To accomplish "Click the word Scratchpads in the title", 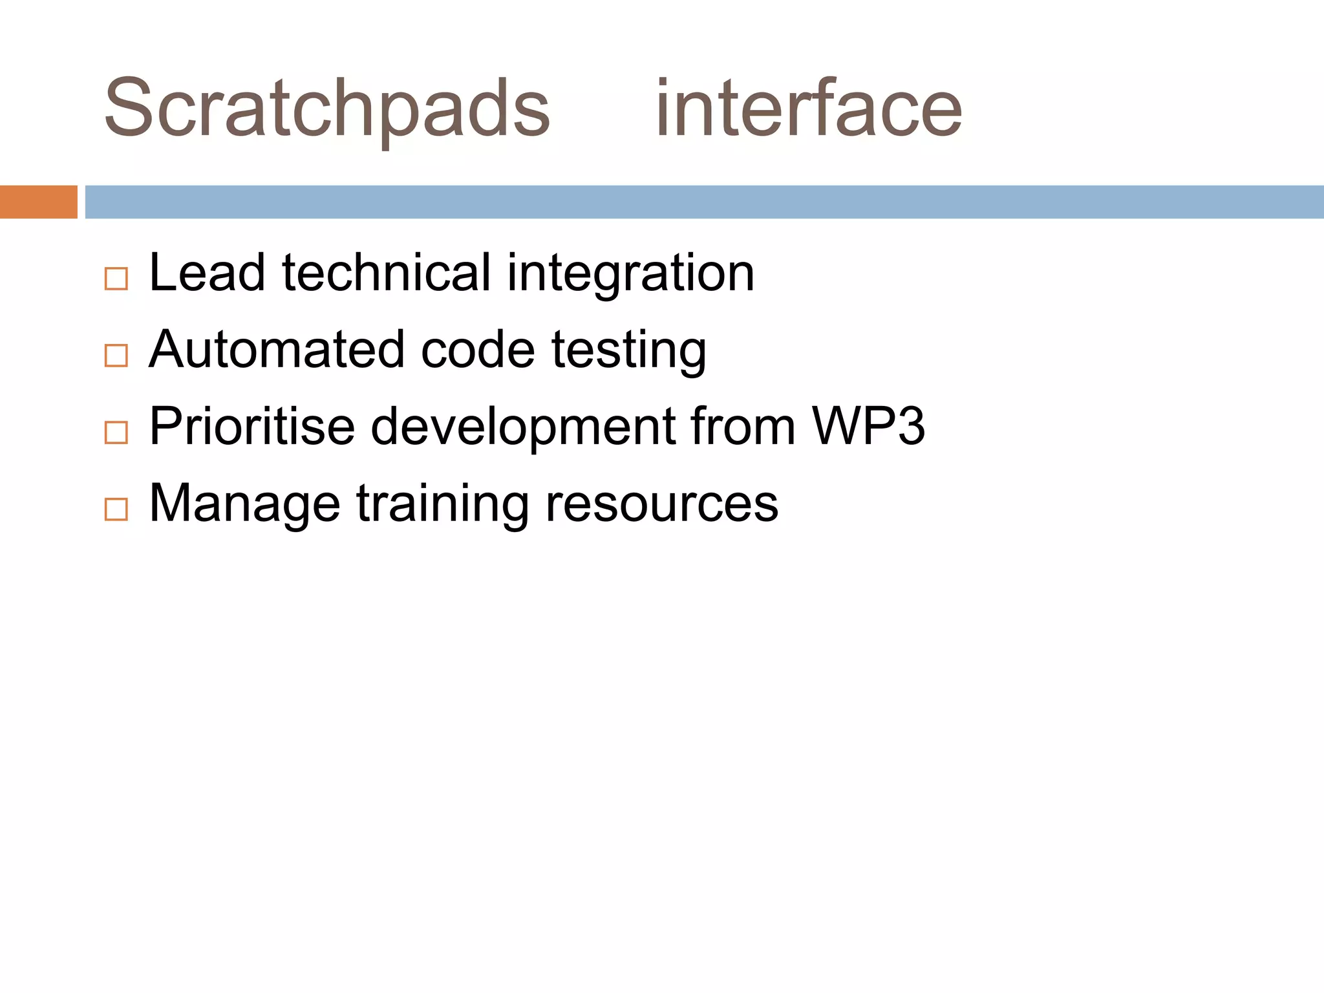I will point(326,109).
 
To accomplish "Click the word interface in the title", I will point(808,109).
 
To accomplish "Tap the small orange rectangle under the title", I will point(38,202).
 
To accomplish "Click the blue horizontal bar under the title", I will point(704,202).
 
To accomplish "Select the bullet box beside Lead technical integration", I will point(116,279).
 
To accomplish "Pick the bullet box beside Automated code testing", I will point(116,356).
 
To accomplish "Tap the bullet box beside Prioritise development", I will point(116,432).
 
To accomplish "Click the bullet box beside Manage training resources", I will point(116,509).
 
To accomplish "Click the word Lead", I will point(207,273).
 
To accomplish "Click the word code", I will point(478,350).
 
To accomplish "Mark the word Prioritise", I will point(252,427).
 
